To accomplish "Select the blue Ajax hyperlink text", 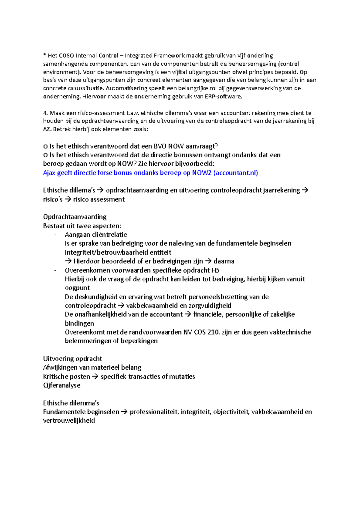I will (150, 173).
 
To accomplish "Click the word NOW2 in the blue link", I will (202, 173).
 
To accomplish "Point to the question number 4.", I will (45, 113).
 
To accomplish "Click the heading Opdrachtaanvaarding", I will (75, 217).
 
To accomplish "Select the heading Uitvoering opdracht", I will (73, 359).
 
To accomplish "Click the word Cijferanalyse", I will (62, 385).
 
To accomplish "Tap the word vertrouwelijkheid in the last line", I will (69, 421).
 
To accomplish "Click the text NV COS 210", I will (202, 332).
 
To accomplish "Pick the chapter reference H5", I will (215, 270).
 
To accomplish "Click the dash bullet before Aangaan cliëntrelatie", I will (55, 235).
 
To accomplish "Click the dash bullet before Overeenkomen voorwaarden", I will (55, 270).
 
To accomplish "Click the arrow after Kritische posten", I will (95, 377).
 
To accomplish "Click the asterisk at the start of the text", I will (44, 55).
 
